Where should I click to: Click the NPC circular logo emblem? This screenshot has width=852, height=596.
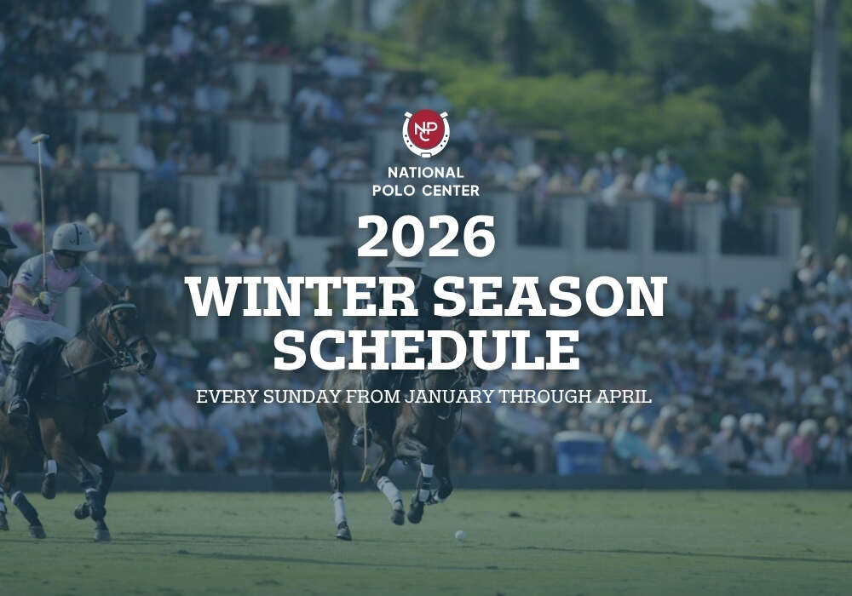tap(426, 133)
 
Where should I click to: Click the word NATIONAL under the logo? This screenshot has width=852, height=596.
tap(426, 173)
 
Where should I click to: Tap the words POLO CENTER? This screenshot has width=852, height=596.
tap(426, 190)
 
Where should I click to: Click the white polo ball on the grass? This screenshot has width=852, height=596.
tap(460, 536)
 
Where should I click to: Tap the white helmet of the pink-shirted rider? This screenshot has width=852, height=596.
tap(73, 238)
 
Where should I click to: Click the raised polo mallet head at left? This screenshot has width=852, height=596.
tap(40, 138)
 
